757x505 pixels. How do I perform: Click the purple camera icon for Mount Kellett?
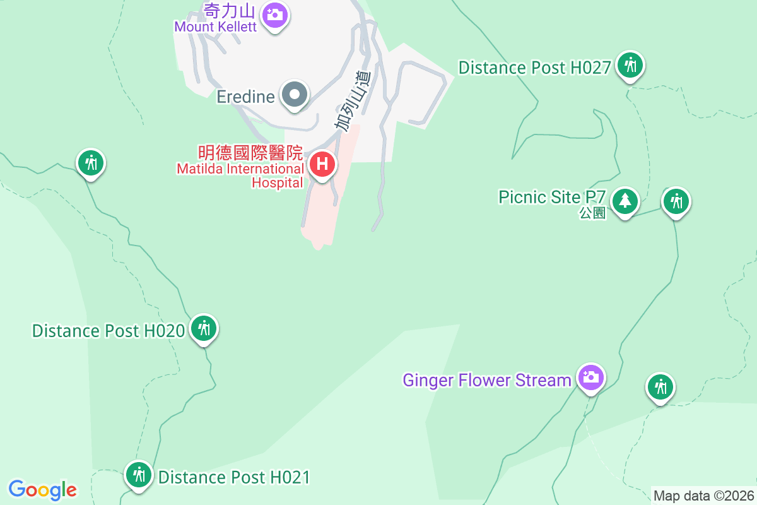[x=274, y=13]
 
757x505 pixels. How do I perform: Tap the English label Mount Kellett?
[x=216, y=27]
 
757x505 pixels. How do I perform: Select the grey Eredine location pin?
[x=294, y=95]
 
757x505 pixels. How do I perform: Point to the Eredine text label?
[x=245, y=97]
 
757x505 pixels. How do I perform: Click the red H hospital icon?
[x=322, y=165]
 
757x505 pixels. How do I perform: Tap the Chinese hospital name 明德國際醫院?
[x=250, y=153]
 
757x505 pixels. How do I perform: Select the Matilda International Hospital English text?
[x=240, y=175]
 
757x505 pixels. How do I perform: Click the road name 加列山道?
[x=353, y=101]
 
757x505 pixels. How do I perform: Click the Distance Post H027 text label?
[x=534, y=68]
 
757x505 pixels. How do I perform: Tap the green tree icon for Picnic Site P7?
[x=625, y=201]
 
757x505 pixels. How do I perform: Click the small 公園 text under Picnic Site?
[x=592, y=213]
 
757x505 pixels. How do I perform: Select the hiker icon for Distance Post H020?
[x=203, y=328]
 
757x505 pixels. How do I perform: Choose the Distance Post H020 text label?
[x=108, y=331]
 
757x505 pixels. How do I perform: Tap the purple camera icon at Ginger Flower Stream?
[x=590, y=377]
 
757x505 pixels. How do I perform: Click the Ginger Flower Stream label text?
[x=487, y=380]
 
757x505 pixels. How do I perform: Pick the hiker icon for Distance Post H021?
[x=138, y=474]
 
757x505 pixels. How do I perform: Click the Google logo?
[x=43, y=490]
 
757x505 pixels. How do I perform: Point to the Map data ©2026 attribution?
[x=703, y=496]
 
